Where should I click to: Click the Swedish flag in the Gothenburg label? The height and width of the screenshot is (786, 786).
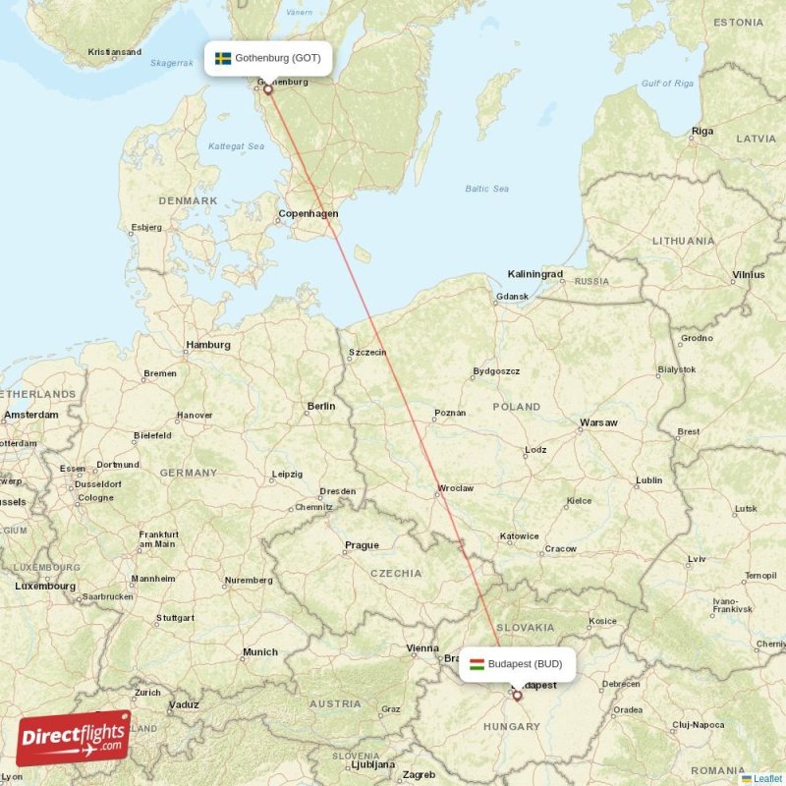click(223, 58)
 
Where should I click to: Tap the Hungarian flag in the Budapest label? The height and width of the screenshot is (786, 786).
click(477, 663)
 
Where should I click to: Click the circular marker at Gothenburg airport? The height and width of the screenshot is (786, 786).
click(267, 89)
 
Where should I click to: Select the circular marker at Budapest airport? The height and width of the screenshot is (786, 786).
click(518, 696)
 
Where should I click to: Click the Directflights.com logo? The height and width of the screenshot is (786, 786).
click(74, 737)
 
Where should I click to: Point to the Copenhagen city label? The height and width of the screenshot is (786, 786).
click(309, 213)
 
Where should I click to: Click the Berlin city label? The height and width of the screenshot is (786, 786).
click(320, 406)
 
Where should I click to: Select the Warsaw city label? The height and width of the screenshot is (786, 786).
click(598, 422)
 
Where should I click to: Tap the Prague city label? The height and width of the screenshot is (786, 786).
click(362, 545)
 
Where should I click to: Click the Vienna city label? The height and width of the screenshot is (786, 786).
click(422, 647)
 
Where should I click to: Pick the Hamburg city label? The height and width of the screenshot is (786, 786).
click(208, 345)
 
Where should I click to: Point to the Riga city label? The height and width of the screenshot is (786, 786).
click(702, 131)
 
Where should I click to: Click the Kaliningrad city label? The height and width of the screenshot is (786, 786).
click(534, 274)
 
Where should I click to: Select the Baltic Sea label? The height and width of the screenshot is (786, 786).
click(486, 189)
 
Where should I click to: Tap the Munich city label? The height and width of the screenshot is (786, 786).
click(260, 651)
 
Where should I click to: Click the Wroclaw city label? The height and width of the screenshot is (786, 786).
click(456, 487)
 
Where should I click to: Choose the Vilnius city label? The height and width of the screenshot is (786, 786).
click(748, 275)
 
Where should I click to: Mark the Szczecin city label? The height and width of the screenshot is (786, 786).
click(367, 353)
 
